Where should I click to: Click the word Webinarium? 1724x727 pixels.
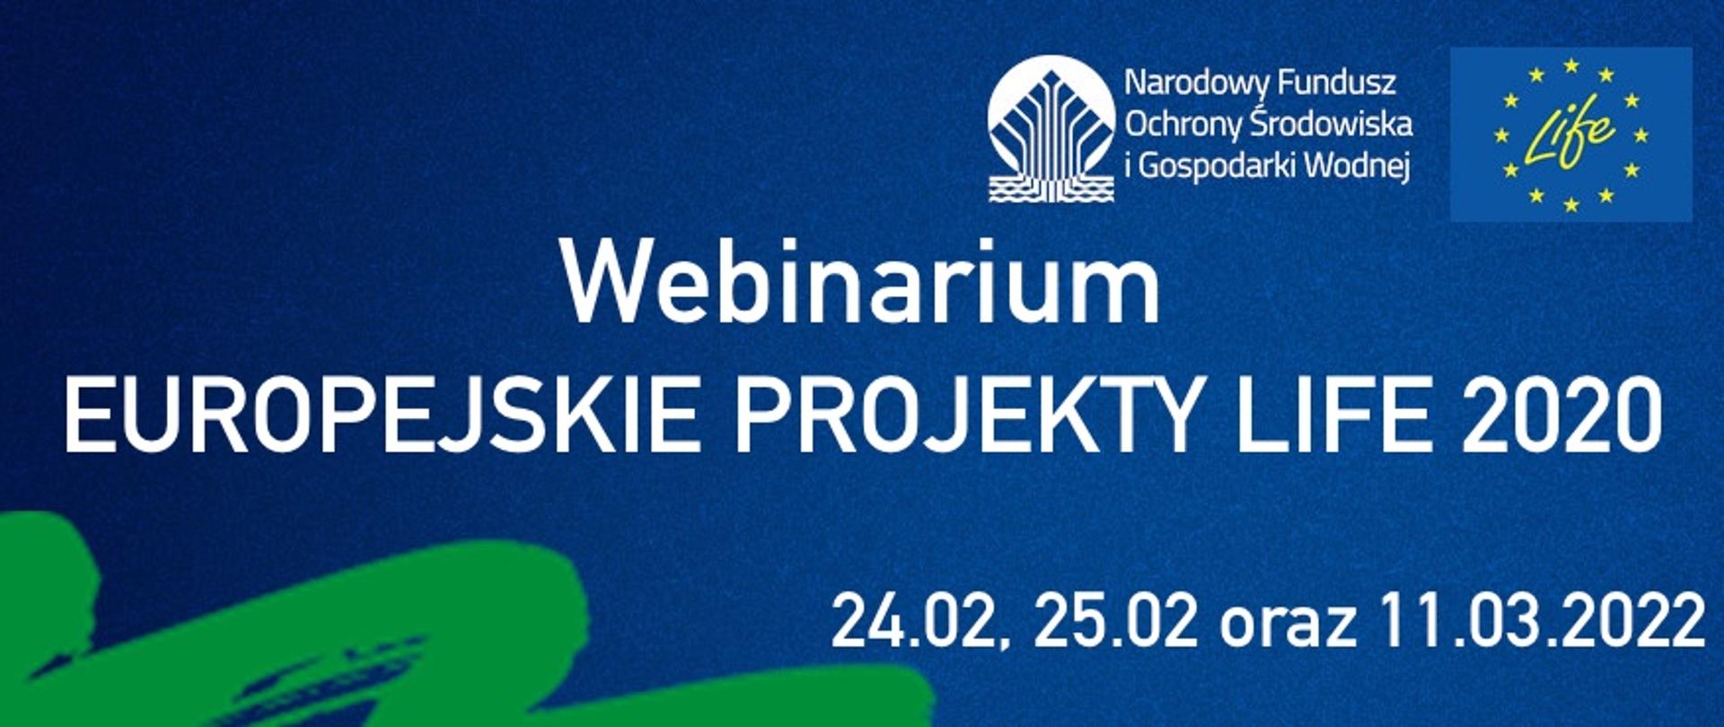[x=860, y=282]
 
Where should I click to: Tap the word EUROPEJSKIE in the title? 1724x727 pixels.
[x=381, y=416]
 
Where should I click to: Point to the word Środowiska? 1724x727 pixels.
[x=1324, y=123]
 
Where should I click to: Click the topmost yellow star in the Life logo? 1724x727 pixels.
[x=1571, y=65]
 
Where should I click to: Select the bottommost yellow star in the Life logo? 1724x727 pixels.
[x=1571, y=205]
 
